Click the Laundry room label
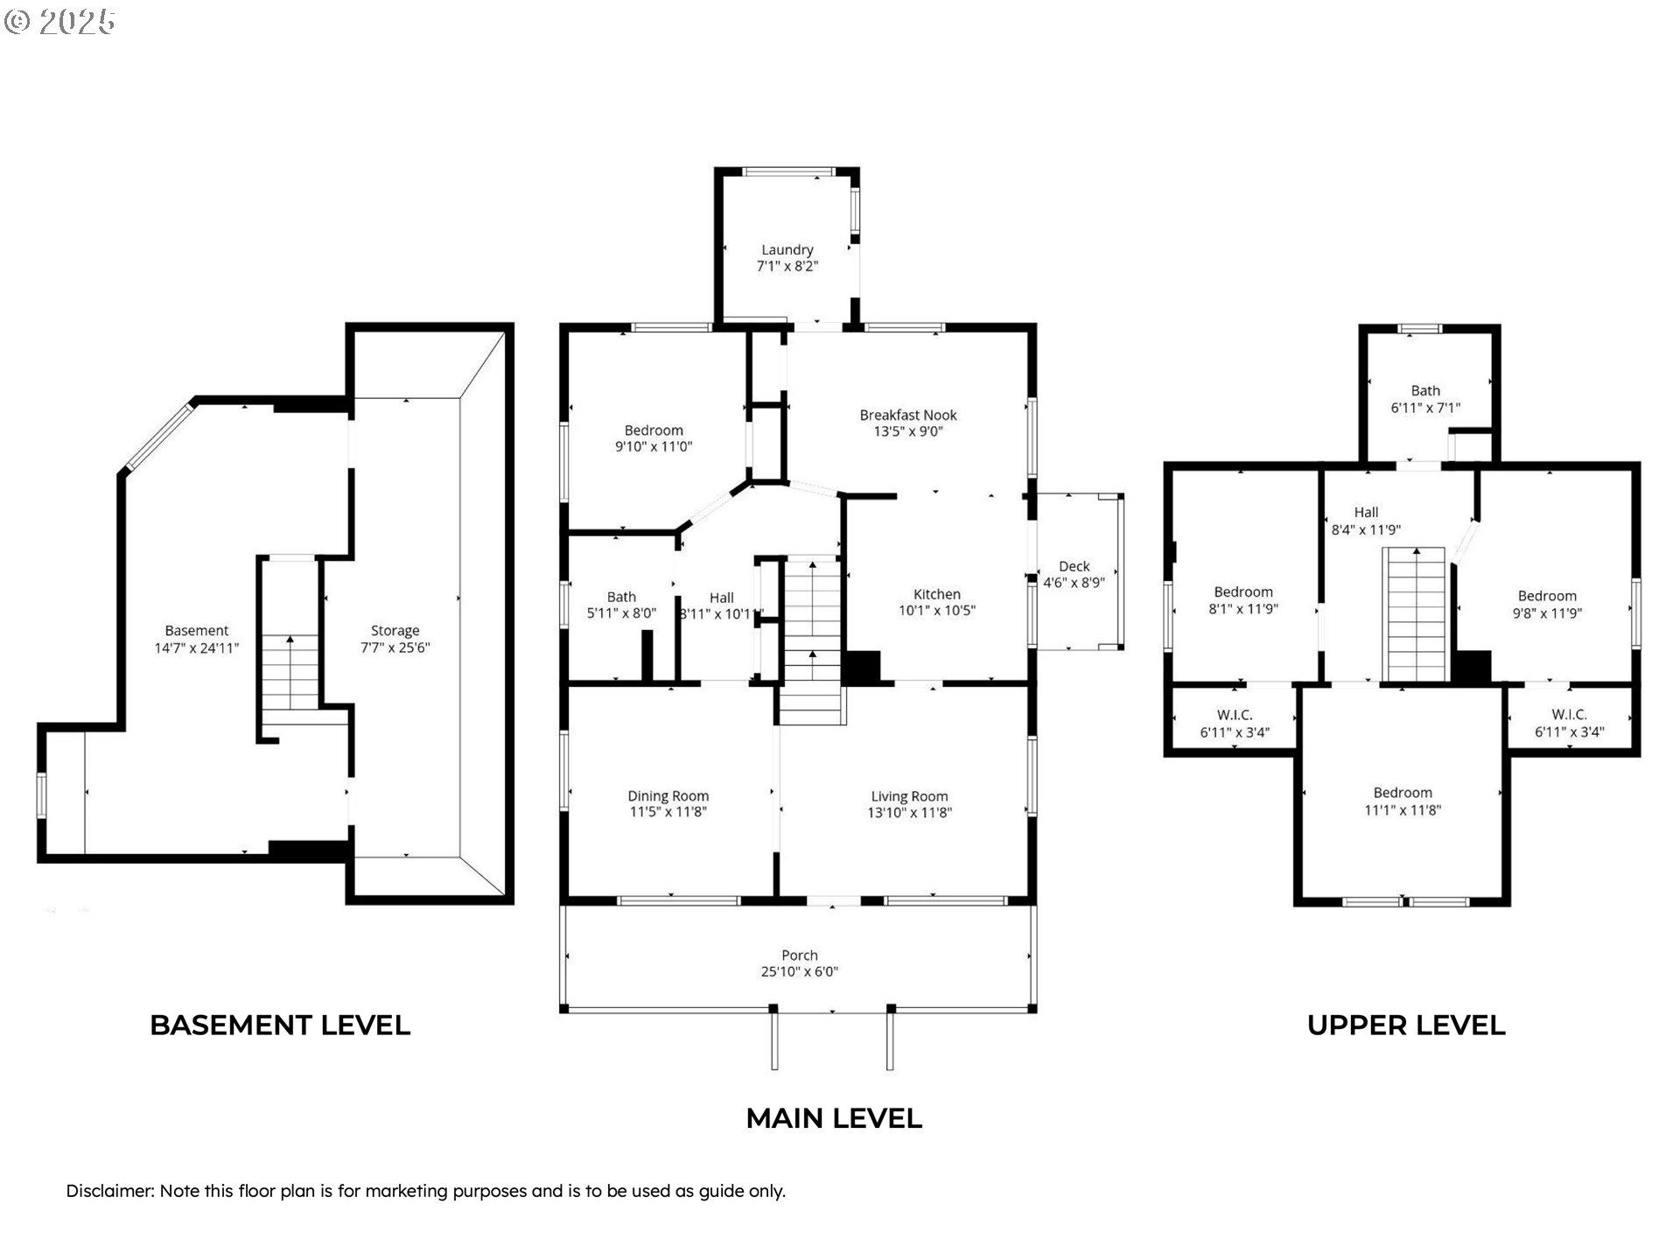(x=787, y=250)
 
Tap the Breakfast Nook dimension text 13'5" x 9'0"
(x=908, y=431)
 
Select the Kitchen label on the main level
(x=936, y=594)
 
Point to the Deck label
(x=1074, y=566)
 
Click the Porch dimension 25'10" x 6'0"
(x=799, y=972)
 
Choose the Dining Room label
(x=668, y=796)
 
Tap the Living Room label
(x=909, y=796)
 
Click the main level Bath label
(x=621, y=597)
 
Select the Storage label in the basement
(x=395, y=631)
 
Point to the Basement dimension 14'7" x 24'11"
(x=196, y=648)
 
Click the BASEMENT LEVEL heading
(x=280, y=1025)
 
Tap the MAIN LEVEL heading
(x=834, y=1118)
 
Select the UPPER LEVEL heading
(x=1406, y=1025)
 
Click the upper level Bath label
(x=1425, y=391)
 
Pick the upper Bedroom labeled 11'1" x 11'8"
(x=1403, y=801)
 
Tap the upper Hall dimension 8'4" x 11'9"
(x=1366, y=530)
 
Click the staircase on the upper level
(x=1414, y=614)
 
